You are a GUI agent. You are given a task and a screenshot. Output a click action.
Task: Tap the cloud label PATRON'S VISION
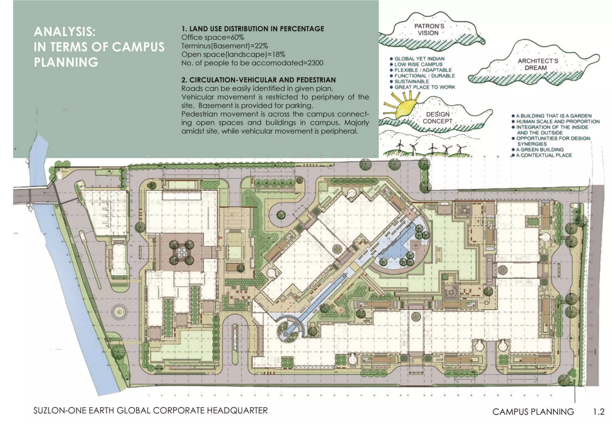click(x=429, y=30)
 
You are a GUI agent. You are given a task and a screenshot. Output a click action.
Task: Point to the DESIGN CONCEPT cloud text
click(x=437, y=118)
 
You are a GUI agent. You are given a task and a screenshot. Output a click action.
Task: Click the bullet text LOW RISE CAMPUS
click(x=418, y=64)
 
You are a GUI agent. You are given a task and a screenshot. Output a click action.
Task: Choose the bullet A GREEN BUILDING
click(x=540, y=149)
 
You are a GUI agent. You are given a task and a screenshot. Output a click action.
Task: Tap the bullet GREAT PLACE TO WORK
click(x=424, y=87)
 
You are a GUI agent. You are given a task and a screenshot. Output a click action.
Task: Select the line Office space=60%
click(x=212, y=37)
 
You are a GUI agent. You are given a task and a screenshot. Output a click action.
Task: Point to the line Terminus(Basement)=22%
click(x=224, y=46)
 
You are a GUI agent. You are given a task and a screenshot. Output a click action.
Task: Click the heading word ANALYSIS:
click(x=65, y=32)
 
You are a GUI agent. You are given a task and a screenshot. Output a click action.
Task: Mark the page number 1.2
click(x=599, y=412)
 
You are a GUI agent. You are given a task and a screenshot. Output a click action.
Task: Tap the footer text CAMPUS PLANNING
click(x=533, y=412)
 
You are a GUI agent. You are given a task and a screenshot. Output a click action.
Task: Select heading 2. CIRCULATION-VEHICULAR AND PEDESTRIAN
click(x=258, y=80)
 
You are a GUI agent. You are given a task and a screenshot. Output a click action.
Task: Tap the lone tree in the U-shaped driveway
click(x=281, y=215)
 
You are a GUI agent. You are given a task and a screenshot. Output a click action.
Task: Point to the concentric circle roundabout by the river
click(x=119, y=312)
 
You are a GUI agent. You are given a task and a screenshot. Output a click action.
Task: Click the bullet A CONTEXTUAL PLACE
click(x=544, y=155)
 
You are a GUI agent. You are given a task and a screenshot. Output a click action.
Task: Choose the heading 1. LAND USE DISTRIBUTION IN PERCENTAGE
click(x=253, y=29)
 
